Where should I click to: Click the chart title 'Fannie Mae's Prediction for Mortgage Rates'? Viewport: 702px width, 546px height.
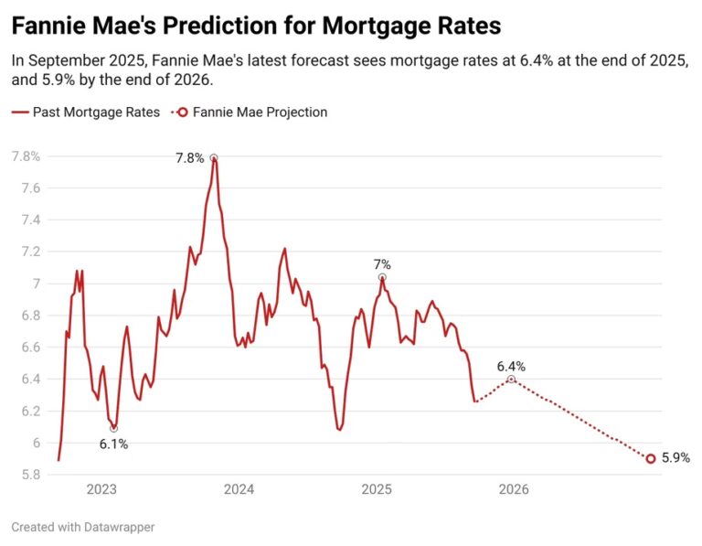point(256,25)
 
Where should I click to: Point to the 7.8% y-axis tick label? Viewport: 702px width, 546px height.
point(25,156)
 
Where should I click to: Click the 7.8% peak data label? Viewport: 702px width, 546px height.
point(190,158)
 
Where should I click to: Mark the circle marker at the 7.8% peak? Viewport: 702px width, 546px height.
point(214,157)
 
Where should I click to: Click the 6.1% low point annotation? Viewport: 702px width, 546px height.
point(113,444)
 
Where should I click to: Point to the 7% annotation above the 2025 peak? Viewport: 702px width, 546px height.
point(382,264)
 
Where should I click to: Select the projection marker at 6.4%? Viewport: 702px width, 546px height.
point(511,379)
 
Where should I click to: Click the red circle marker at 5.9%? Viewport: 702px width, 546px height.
point(651,459)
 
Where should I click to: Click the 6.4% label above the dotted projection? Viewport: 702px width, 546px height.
point(511,366)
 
